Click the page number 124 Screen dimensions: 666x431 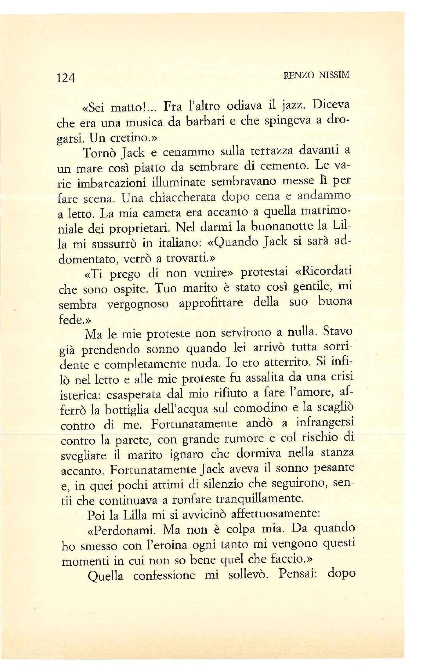pyautogui.click(x=66, y=78)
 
